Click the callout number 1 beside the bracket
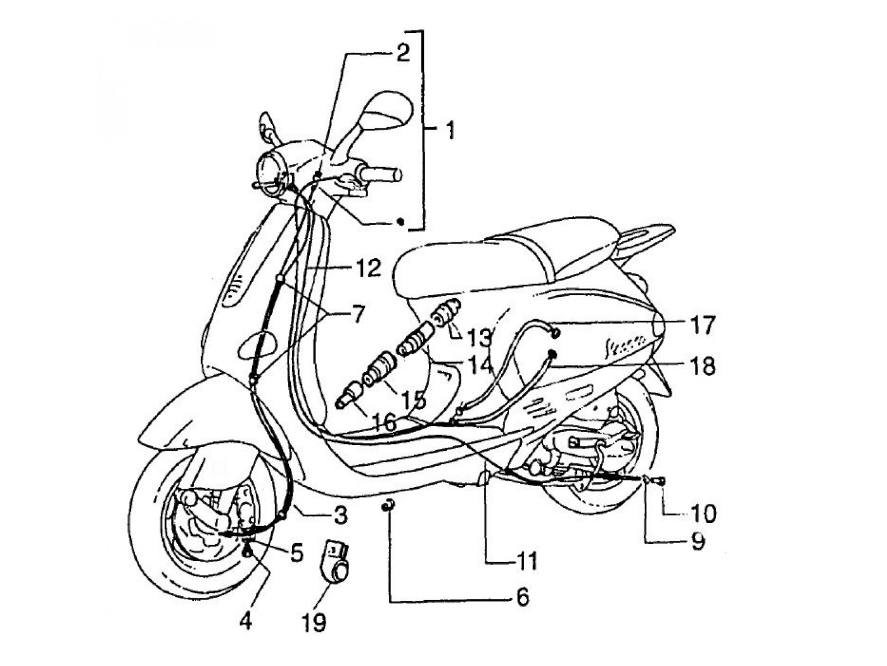point(449,131)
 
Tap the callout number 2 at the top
point(401,53)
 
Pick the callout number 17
point(701,325)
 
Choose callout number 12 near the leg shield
point(367,268)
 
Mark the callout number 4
point(245,620)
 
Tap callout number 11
point(525,560)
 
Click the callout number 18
point(701,365)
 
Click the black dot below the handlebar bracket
point(400,221)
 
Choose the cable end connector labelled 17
point(554,332)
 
